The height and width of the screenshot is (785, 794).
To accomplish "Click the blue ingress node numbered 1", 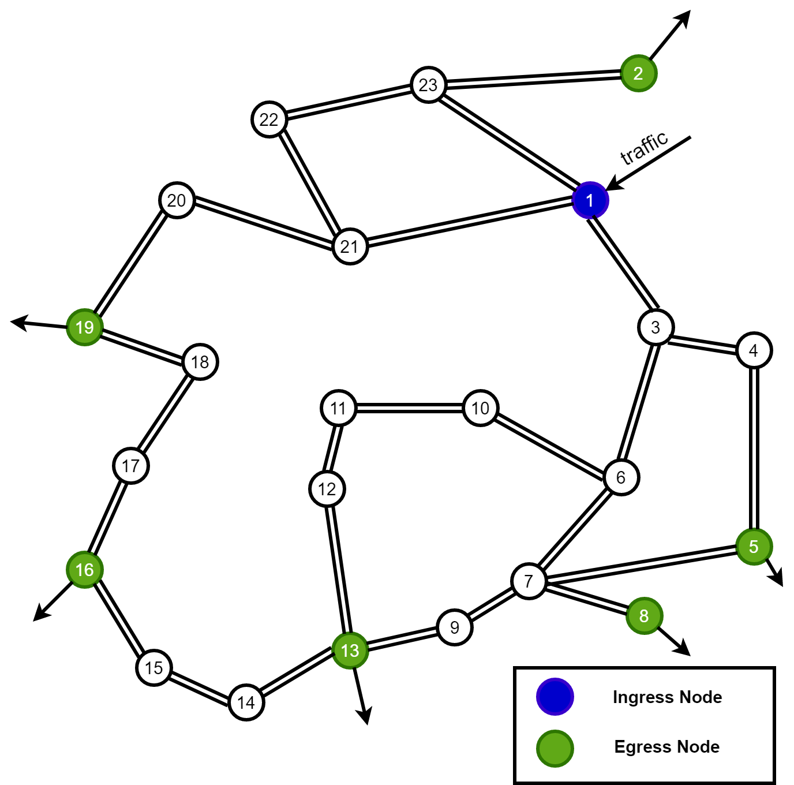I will pos(590,200).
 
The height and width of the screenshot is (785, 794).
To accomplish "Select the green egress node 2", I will pos(638,73).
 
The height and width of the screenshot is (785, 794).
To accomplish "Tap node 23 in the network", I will pos(428,85).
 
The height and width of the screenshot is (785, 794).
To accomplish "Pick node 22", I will pos(269,119).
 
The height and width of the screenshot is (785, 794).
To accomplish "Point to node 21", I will pos(350,246).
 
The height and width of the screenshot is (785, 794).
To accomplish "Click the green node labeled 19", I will pos(84,327).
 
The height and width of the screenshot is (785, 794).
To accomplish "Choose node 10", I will pos(480,408).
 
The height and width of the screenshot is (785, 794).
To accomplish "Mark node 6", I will pos(621,477).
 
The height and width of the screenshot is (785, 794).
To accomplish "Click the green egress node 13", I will pos(350,651).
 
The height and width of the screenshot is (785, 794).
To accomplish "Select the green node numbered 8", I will pos(644,616).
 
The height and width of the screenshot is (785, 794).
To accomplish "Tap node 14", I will pos(246,702).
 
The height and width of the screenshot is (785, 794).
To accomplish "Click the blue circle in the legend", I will pos(555,697).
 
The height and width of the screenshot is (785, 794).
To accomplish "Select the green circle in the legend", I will pos(555,749).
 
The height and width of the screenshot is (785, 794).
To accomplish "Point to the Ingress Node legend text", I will pos(667,697).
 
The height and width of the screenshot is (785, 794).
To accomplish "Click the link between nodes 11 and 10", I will pos(410,408).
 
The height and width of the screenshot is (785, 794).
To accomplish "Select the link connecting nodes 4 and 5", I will pos(754,448).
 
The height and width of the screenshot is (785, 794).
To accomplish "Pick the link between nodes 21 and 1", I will pos(470,223).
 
